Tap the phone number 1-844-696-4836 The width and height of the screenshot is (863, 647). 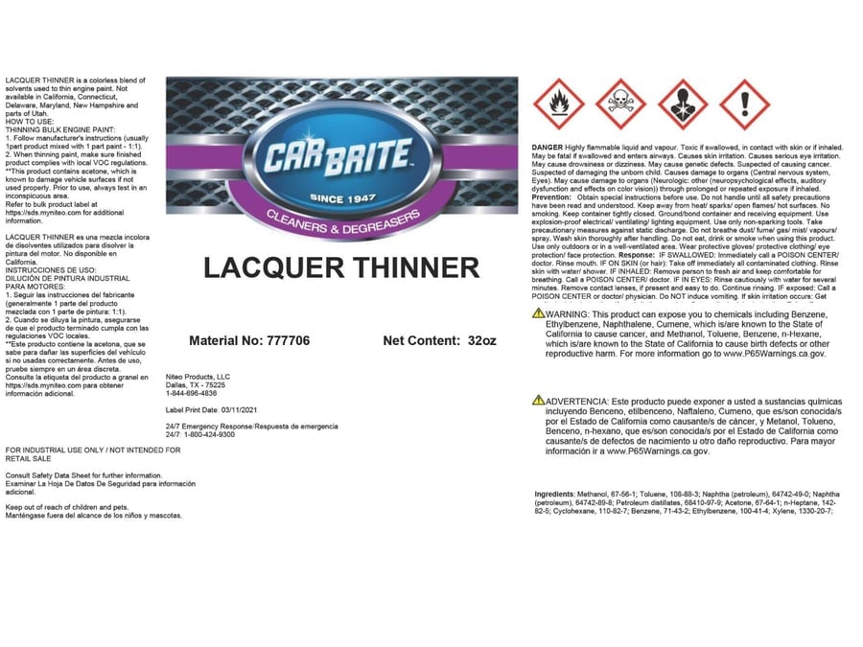[191, 393]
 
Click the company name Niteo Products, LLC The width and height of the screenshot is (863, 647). [198, 377]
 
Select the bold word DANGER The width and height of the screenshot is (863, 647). [548, 147]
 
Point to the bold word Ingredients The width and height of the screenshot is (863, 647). [553, 494]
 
